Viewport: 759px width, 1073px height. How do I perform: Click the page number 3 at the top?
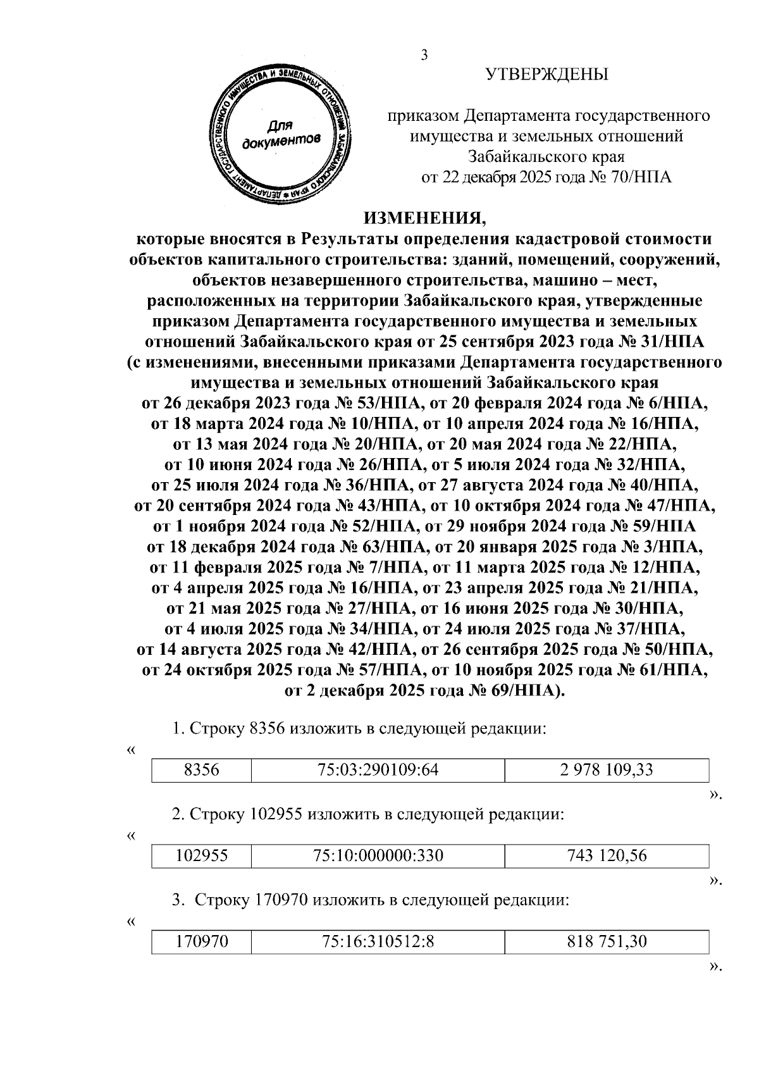(x=424, y=56)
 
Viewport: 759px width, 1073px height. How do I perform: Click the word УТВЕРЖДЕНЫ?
(x=547, y=75)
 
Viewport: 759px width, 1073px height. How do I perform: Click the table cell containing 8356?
(x=201, y=770)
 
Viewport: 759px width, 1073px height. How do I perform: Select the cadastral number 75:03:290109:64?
(x=378, y=770)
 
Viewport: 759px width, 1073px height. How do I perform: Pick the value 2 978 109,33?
(x=607, y=770)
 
